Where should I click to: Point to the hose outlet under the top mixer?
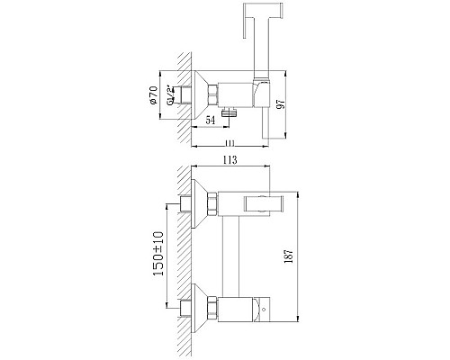(231, 112)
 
